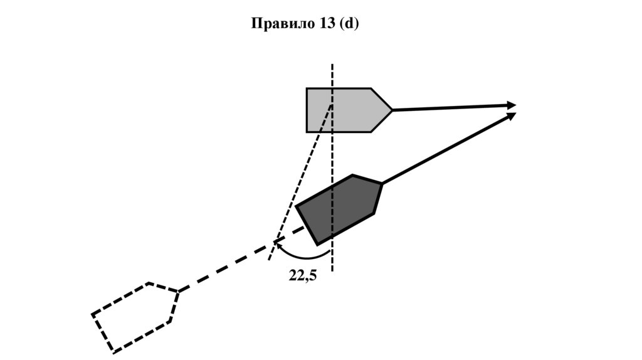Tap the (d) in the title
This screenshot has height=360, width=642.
coord(349,24)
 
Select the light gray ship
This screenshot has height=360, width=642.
coord(345,110)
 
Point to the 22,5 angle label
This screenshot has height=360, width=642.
coord(303,275)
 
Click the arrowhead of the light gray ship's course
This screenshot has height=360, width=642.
coord(512,105)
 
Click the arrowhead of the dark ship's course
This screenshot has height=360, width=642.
coord(512,115)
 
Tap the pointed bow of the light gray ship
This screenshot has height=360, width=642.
coord(392,110)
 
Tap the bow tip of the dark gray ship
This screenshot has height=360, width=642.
coord(381,183)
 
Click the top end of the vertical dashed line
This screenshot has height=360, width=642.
coord(332,65)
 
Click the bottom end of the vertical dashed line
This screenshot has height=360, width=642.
coord(332,271)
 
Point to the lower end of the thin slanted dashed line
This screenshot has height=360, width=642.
coord(269,260)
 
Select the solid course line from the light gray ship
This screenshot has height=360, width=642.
coord(451,107)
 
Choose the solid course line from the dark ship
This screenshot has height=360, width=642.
coord(445,150)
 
